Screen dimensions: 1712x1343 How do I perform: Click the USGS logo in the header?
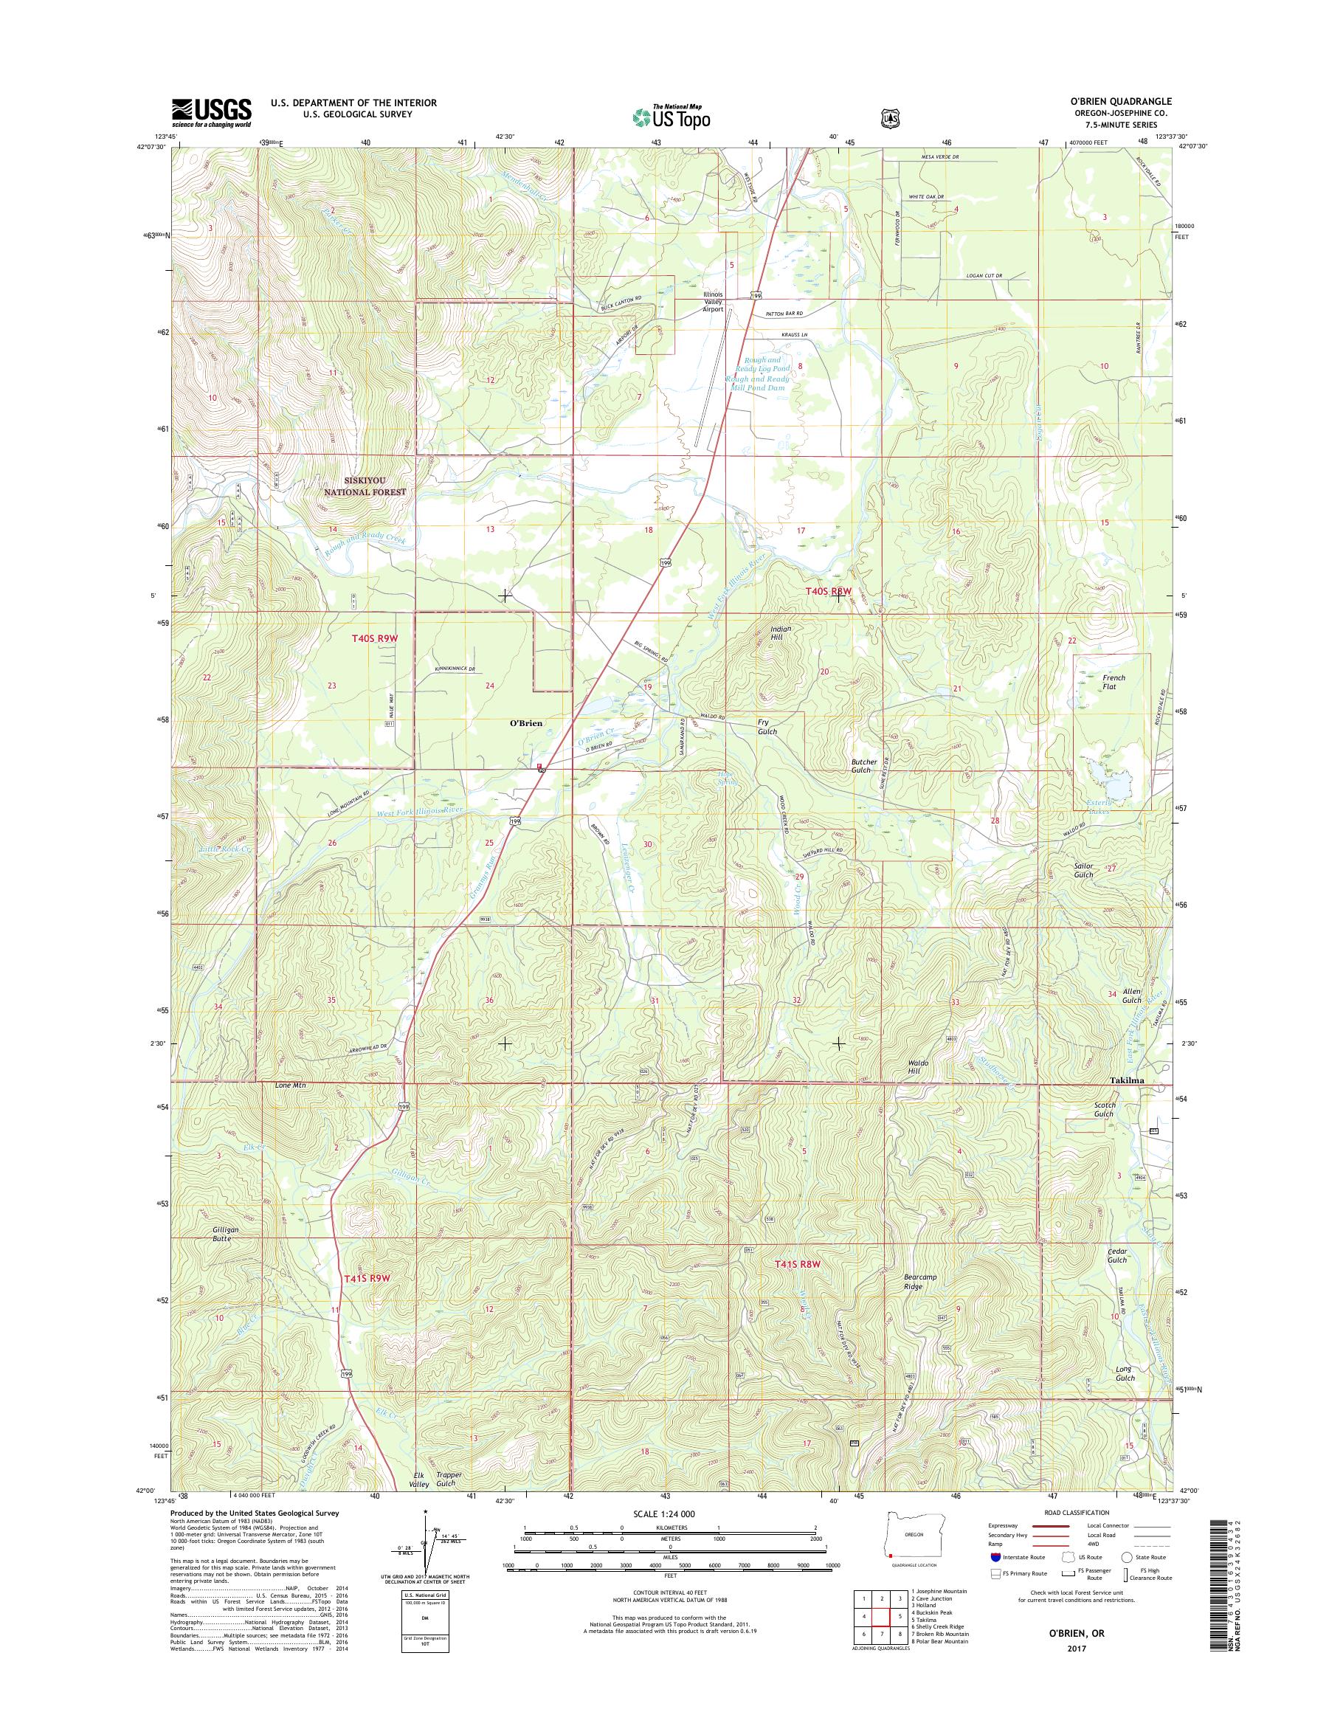tap(212, 113)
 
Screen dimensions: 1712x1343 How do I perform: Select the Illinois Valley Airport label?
tap(712, 302)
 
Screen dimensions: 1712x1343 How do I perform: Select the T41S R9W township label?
tap(367, 1279)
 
